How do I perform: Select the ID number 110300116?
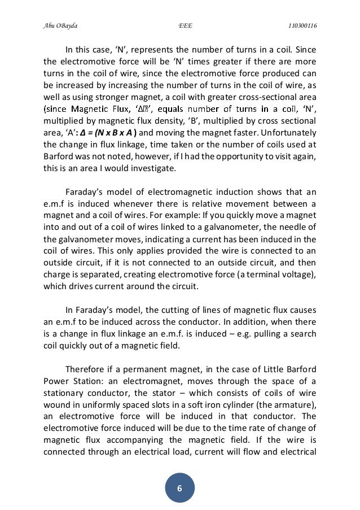[302, 26]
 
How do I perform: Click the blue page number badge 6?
[179, 488]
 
